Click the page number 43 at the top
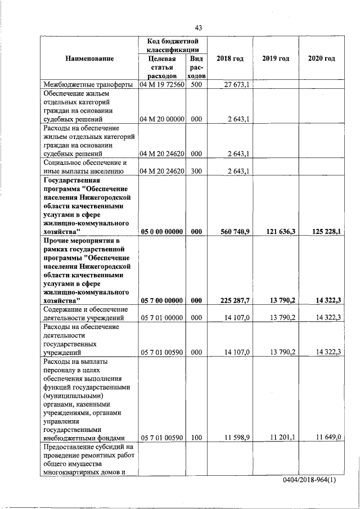pos(198,28)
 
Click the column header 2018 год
pos(230,58)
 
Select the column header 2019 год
pos(276,58)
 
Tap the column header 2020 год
pos(322,58)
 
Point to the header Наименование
pos(89,58)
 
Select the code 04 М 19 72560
pos(162,85)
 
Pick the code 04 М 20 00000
pos(162,119)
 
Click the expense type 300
pos(196,171)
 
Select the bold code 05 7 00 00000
pos(162,301)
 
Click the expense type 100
pos(196,437)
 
